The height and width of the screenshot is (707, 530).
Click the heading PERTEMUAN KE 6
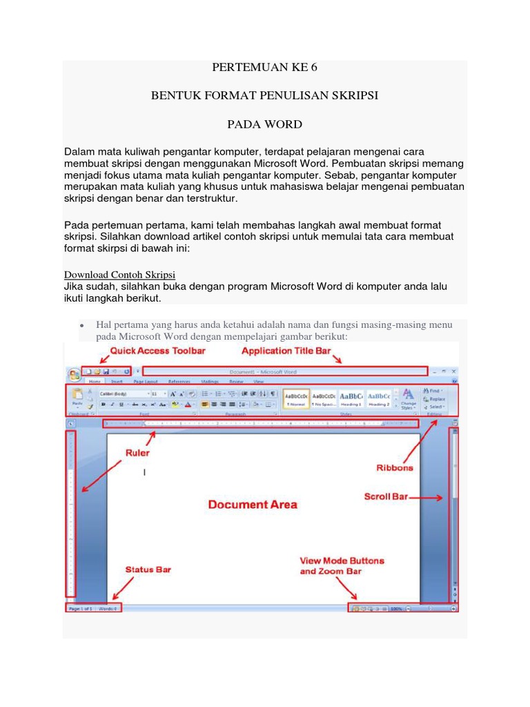(x=264, y=68)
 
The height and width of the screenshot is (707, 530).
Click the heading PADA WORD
(x=264, y=124)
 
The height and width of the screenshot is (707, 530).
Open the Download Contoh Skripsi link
(x=119, y=273)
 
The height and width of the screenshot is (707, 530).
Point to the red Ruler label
(x=137, y=454)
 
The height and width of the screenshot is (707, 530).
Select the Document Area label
(x=253, y=505)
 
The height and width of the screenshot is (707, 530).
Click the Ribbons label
(x=395, y=467)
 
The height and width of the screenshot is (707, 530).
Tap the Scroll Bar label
(x=386, y=496)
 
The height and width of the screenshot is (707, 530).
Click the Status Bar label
(x=148, y=570)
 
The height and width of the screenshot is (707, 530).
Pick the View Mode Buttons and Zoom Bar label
(x=342, y=565)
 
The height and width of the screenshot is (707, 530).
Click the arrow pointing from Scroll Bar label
(x=429, y=497)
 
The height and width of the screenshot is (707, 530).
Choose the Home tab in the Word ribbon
(x=95, y=381)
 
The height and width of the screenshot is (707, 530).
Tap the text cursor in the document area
(x=144, y=472)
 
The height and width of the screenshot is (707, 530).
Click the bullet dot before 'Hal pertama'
(x=81, y=325)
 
